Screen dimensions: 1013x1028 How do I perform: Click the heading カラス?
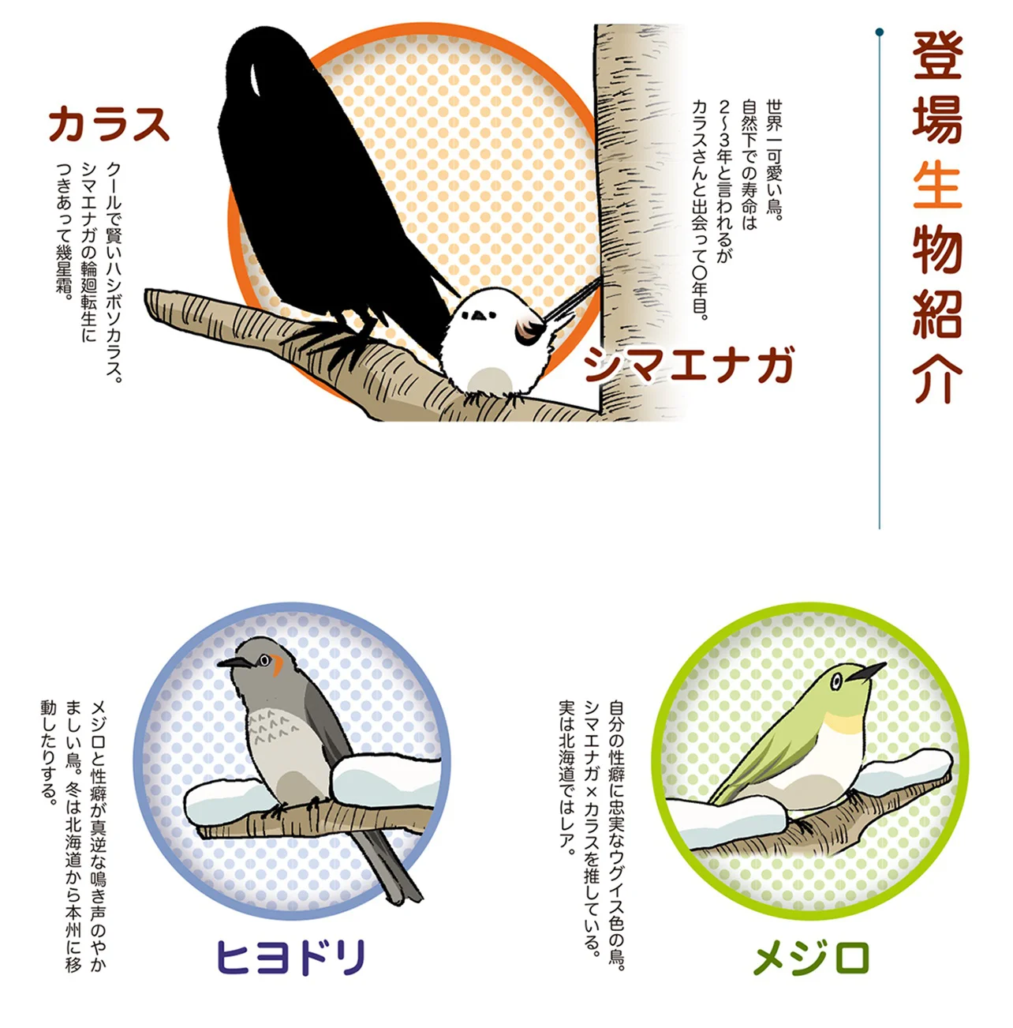(x=109, y=124)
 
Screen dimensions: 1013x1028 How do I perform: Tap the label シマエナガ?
(x=689, y=365)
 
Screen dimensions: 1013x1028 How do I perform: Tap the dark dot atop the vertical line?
(x=879, y=32)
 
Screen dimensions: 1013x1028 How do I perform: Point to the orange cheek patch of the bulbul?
(x=277, y=665)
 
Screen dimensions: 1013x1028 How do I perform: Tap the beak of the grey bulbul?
(x=234, y=662)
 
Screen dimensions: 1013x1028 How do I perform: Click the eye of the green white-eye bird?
(x=836, y=680)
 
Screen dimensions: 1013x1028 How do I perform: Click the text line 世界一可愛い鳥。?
(x=774, y=157)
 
